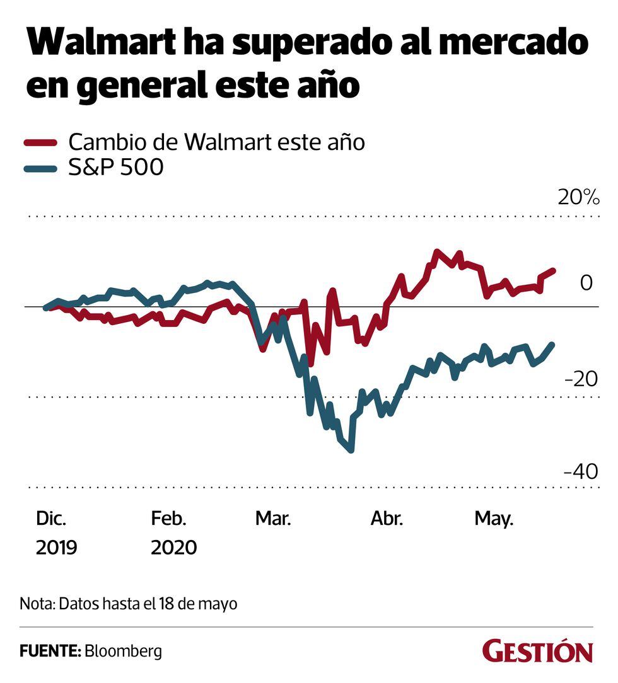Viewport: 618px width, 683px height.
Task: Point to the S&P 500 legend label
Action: point(117,168)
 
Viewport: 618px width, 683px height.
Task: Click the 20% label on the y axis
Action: point(578,198)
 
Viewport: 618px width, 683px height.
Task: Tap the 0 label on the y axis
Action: point(586,283)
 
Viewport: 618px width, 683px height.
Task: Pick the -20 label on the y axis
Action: point(581,379)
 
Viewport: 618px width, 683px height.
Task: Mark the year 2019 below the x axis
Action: point(56,546)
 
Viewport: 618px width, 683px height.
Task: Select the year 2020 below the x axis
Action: point(173,546)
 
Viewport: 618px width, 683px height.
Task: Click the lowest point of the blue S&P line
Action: point(351,450)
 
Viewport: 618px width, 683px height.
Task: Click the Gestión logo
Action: point(538,651)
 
